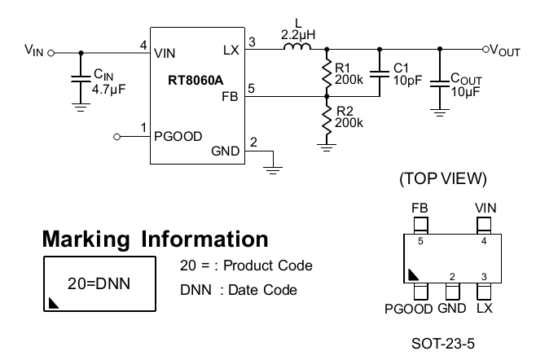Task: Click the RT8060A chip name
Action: coord(196,81)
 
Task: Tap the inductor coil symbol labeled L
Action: coord(297,46)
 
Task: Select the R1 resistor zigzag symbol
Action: coord(327,73)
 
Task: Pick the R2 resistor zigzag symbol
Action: coord(327,120)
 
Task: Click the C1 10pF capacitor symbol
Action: coord(380,74)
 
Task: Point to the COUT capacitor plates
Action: coord(440,84)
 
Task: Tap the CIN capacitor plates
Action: coord(81,79)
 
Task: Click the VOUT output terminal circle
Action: coord(485,49)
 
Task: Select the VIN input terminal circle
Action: coord(51,53)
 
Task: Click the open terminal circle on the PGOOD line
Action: coord(117,137)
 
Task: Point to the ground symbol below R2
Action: coord(327,147)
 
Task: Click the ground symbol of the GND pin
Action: coord(273,170)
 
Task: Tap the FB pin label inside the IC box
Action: coord(230,97)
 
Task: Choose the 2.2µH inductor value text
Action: coord(298,35)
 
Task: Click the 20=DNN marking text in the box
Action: coord(99,283)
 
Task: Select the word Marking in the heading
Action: coord(86,239)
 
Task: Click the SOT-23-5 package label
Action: coord(443,344)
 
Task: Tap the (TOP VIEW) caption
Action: coord(443,179)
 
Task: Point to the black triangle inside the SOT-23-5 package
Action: coord(413,274)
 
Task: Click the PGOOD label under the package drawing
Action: coord(409,309)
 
